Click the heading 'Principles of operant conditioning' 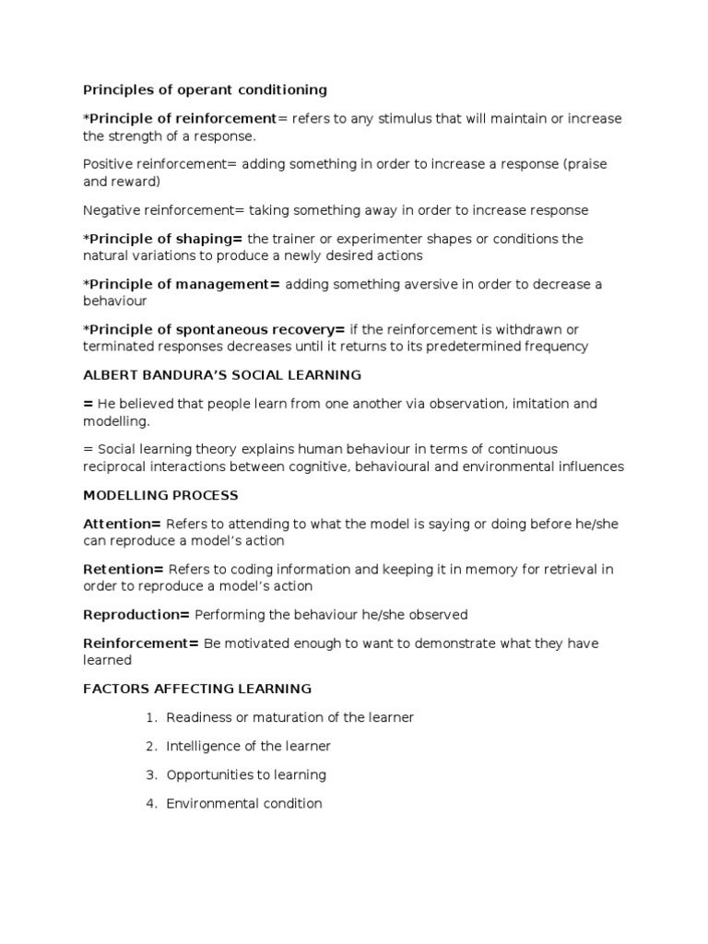[x=205, y=90]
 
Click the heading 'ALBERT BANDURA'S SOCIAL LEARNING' [x=222, y=375]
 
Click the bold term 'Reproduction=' [x=136, y=614]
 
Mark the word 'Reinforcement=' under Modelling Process [x=141, y=643]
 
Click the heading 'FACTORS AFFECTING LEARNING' [x=197, y=689]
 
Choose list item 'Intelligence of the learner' [x=248, y=746]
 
